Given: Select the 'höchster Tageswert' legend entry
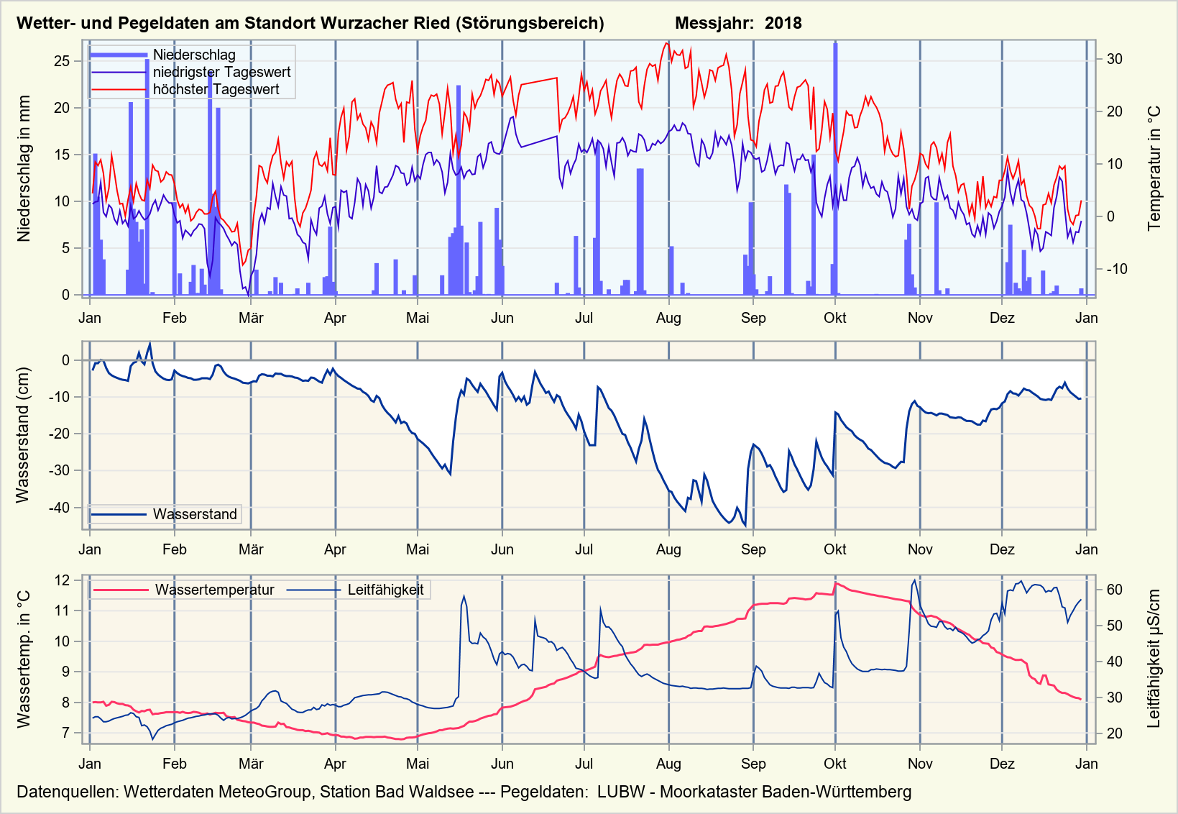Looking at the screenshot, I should pyautogui.click(x=216, y=89).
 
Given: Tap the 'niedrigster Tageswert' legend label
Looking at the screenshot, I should pyautogui.click(x=221, y=72).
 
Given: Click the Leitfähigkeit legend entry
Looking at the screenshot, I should pyautogui.click(x=385, y=590).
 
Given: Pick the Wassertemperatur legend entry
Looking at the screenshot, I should pyautogui.click(x=214, y=590).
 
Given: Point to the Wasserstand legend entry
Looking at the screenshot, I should pyautogui.click(x=194, y=514).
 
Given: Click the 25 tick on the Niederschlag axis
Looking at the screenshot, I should pyautogui.click(x=62, y=61).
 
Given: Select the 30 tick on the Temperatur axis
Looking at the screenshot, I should pyautogui.click(x=1114, y=59).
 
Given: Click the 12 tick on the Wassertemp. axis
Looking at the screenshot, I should pyautogui.click(x=63, y=580).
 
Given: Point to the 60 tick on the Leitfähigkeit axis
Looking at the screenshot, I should pyautogui.click(x=1114, y=590).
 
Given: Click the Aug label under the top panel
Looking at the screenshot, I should pyautogui.click(x=668, y=318).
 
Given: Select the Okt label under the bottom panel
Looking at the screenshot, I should pyautogui.click(x=834, y=764).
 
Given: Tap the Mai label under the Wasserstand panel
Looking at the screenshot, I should pyautogui.click(x=417, y=549).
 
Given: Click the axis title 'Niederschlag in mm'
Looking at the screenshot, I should pyautogui.click(x=24, y=168).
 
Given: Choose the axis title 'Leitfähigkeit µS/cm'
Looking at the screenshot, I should pyautogui.click(x=1154, y=659).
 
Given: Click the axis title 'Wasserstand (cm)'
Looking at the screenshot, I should pyautogui.click(x=23, y=435).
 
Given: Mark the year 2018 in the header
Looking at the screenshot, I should pyautogui.click(x=783, y=23).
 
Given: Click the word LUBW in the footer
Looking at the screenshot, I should pyautogui.click(x=620, y=792).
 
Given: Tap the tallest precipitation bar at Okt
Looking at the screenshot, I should pyautogui.click(x=835, y=169).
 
